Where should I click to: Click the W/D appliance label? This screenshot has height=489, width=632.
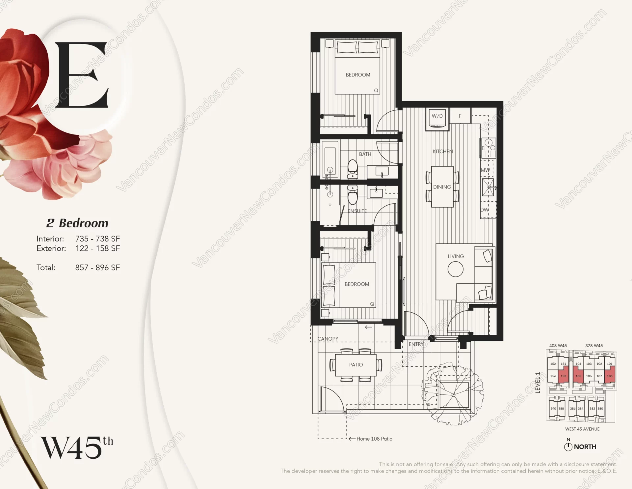tap(437, 116)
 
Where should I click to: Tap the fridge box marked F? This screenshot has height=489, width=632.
tap(460, 116)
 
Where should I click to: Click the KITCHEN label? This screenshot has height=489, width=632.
tap(443, 152)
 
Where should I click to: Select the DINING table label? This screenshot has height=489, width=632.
tap(442, 187)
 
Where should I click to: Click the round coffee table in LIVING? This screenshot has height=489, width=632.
tap(456, 269)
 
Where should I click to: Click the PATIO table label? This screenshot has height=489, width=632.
tap(356, 365)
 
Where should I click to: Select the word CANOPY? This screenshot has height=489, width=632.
tap(328, 339)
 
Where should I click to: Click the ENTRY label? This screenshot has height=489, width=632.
tap(416, 344)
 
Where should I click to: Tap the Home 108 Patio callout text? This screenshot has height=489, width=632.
tap(374, 439)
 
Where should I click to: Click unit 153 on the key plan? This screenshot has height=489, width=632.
tap(563, 376)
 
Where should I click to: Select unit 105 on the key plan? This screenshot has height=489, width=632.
tap(578, 376)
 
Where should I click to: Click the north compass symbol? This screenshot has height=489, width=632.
tap(568, 446)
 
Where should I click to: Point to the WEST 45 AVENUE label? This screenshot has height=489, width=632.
tap(582, 429)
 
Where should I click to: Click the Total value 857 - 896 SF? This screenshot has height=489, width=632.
tap(97, 268)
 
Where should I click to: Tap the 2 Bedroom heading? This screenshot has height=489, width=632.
tap(77, 223)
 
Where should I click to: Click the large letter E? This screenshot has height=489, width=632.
tap(81, 75)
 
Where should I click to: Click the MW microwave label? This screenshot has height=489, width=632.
tap(485, 170)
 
